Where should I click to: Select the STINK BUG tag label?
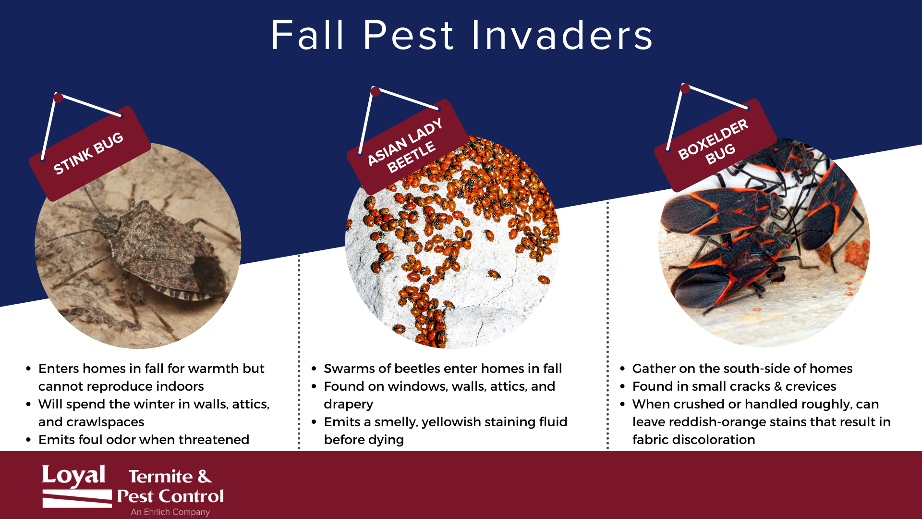point(90,153)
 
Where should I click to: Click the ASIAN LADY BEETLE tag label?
point(406,147)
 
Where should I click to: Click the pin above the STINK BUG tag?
point(59,98)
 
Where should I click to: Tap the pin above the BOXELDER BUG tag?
point(685,88)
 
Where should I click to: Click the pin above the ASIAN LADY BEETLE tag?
point(376,91)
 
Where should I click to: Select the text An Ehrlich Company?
point(170,512)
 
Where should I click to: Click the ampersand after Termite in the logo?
point(205,476)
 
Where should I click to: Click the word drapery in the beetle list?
point(348,405)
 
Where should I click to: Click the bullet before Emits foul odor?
point(28,440)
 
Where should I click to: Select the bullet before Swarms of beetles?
point(314,369)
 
